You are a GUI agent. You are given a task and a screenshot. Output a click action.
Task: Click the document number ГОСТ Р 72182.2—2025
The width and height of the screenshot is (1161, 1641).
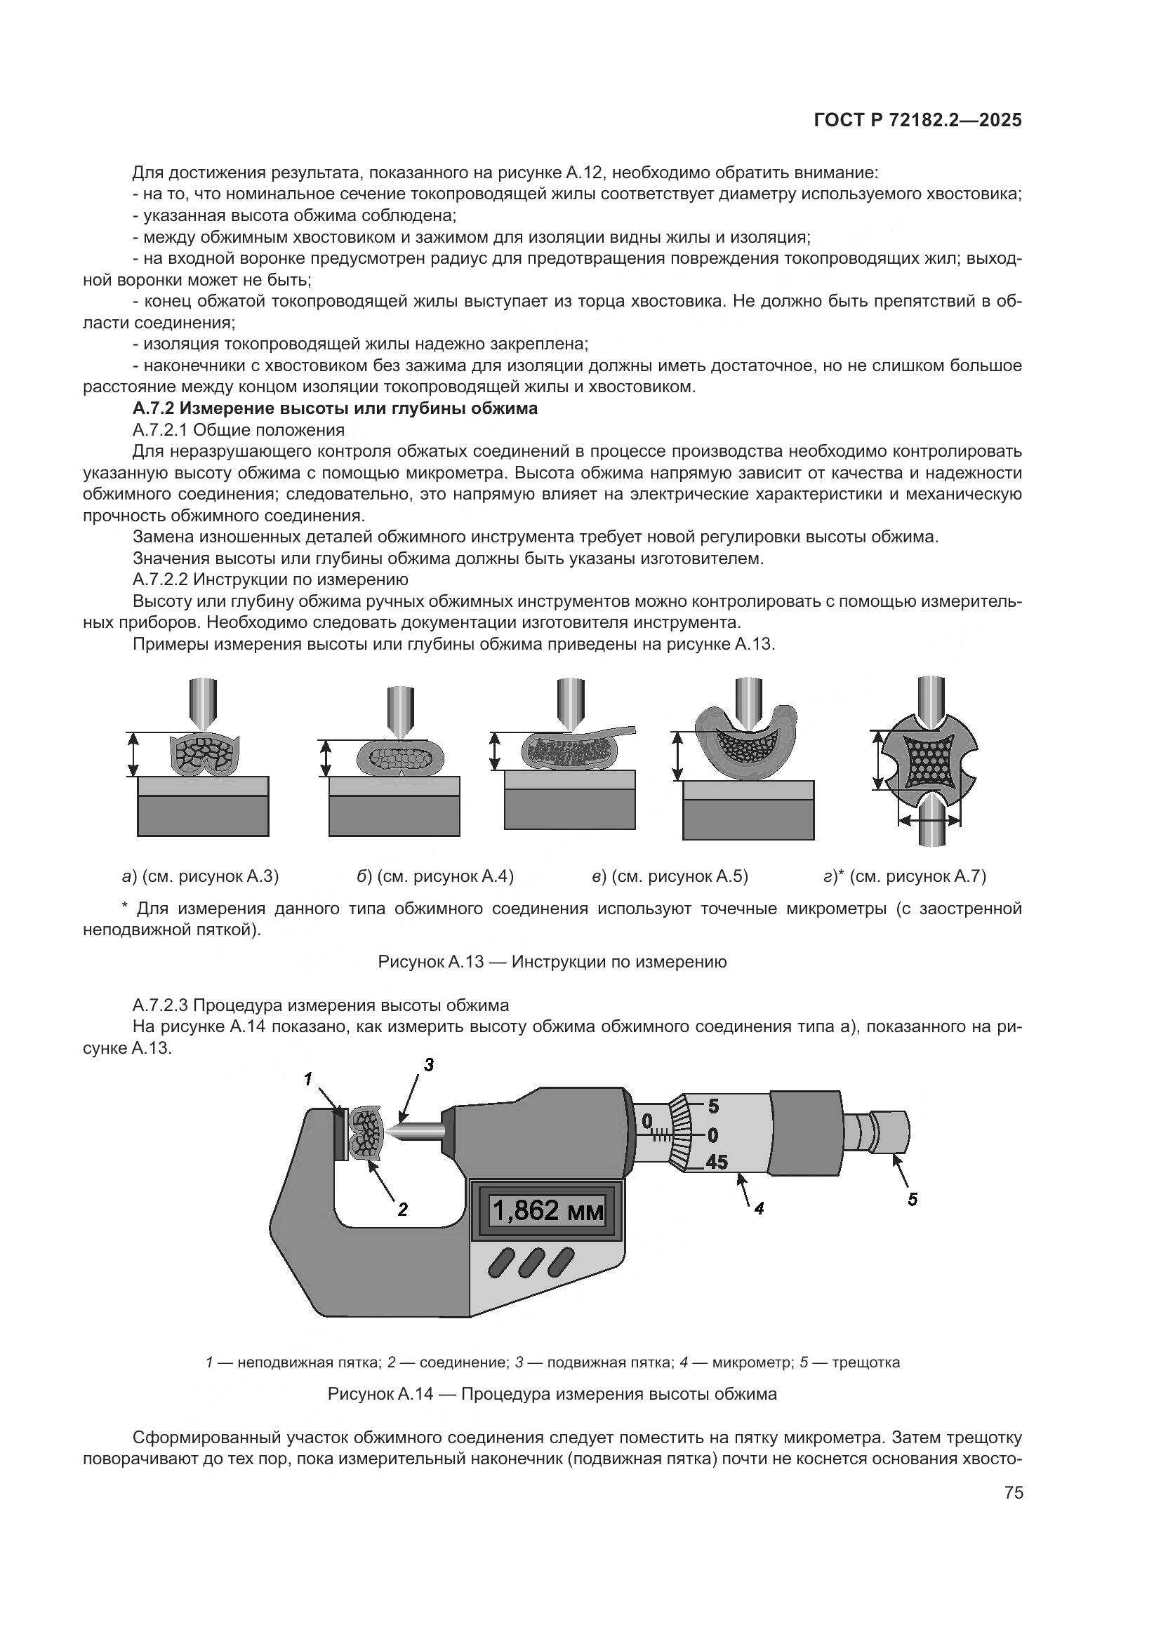tap(917, 121)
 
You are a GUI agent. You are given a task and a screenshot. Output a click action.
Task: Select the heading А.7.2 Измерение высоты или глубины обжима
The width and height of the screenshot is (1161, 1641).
tap(335, 409)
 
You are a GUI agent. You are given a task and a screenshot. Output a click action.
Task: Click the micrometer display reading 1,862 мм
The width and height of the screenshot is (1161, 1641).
tap(548, 1211)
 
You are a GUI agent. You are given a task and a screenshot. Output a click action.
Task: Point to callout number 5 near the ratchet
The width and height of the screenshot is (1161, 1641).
tap(913, 1199)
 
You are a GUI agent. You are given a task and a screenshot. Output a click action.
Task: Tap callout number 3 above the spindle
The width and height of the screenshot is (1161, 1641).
tap(428, 1065)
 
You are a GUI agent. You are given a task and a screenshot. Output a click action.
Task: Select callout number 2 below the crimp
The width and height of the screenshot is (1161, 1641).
tap(402, 1210)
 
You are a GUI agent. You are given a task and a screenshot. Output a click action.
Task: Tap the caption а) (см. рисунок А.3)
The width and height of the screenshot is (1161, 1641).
tap(200, 876)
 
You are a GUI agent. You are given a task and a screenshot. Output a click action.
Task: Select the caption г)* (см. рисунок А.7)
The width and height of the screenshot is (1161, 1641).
tap(904, 876)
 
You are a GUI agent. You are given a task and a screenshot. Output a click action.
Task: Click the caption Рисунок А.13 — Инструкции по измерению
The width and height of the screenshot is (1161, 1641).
tap(552, 962)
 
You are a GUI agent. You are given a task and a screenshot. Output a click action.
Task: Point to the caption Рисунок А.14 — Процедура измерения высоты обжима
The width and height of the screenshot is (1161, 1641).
tap(552, 1394)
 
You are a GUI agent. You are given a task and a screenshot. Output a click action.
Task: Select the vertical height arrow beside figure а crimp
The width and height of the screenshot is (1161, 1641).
tap(132, 755)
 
